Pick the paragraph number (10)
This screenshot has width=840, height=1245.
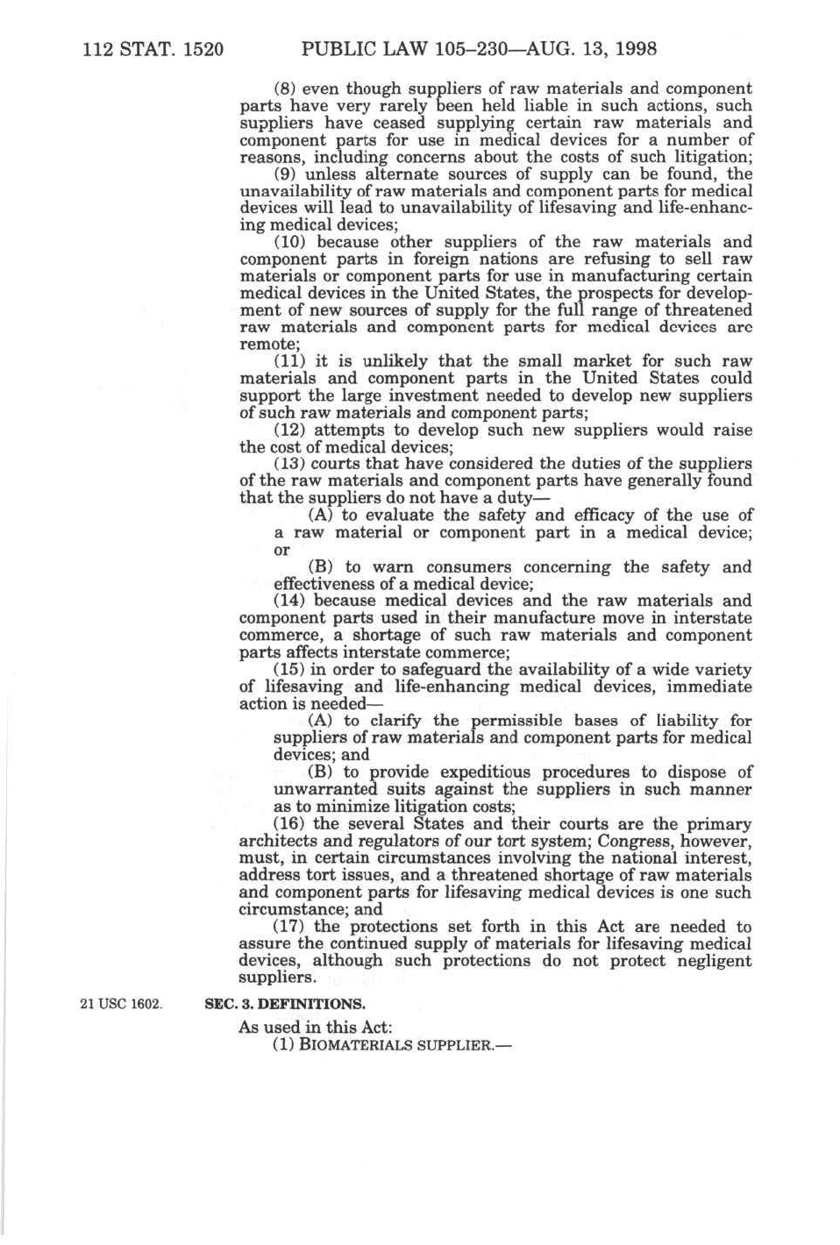coord(291,243)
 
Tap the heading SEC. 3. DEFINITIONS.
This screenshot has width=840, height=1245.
coord(285,1003)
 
